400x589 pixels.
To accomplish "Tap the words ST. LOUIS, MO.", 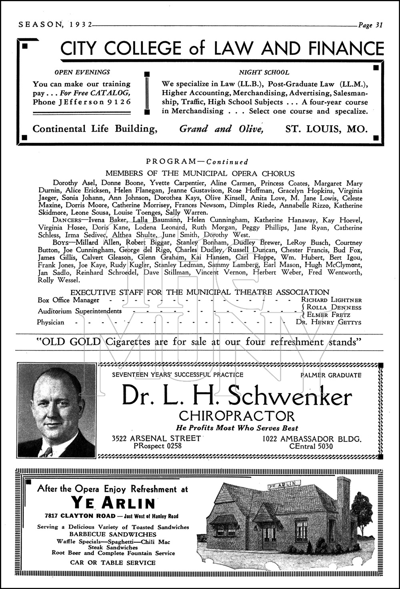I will click(x=326, y=129).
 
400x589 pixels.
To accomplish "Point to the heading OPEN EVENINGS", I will click(x=82, y=72).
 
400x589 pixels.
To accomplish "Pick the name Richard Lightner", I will click(x=331, y=300).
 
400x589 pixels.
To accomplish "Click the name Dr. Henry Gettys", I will click(x=328, y=322).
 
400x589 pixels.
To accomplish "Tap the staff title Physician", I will click(x=50, y=322).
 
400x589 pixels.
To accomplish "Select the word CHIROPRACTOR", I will click(x=237, y=416).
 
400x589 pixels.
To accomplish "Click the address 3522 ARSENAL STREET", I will click(x=156, y=438).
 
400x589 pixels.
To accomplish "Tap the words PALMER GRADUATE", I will click(x=331, y=375).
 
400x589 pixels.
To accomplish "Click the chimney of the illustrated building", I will click(x=343, y=499).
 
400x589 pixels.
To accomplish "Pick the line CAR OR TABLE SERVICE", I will click(x=113, y=563).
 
